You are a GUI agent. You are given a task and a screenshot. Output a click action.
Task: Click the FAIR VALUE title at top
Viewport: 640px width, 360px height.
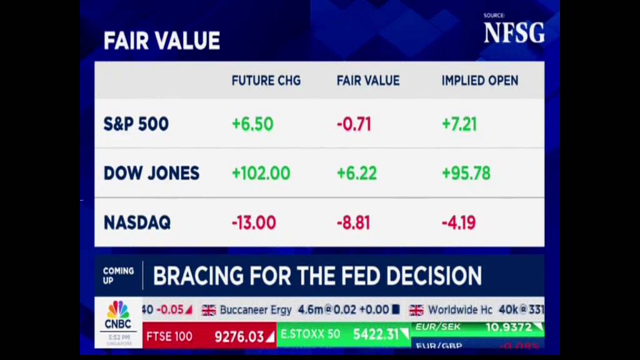[161, 41]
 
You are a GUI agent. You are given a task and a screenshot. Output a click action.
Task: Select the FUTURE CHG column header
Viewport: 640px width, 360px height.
[266, 81]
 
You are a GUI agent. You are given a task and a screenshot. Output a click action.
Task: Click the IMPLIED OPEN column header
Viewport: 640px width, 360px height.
[479, 81]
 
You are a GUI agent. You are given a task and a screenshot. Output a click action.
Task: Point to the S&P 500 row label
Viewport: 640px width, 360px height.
[136, 124]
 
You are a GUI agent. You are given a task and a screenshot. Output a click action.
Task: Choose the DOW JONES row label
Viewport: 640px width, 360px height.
[151, 173]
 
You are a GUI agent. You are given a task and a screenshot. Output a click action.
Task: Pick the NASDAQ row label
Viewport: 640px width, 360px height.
[137, 222]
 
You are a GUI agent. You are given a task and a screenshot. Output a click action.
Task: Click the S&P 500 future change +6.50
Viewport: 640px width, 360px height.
[252, 124]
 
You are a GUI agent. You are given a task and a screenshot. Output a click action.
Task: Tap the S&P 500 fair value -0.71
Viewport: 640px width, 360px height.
[354, 124]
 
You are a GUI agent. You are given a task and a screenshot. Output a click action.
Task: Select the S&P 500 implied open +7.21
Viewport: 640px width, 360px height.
[459, 124]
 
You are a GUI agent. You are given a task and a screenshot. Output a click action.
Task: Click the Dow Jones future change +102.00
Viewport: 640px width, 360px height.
[261, 173]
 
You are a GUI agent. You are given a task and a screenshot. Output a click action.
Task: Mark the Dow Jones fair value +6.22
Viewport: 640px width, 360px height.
[356, 173]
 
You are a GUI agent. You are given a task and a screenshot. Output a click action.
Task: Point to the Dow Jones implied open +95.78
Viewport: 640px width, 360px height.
[466, 173]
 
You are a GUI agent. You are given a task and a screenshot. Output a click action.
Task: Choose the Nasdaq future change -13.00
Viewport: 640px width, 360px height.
[254, 222]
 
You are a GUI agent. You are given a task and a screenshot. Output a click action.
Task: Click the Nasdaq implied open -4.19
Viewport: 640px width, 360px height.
[459, 222]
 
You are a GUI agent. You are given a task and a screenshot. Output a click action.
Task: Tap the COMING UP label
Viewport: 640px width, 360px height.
[118, 276]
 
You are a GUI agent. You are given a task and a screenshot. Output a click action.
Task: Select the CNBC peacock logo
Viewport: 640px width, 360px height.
[117, 310]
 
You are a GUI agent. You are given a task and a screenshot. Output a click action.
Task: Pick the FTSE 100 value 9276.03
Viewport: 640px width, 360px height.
[239, 337]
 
